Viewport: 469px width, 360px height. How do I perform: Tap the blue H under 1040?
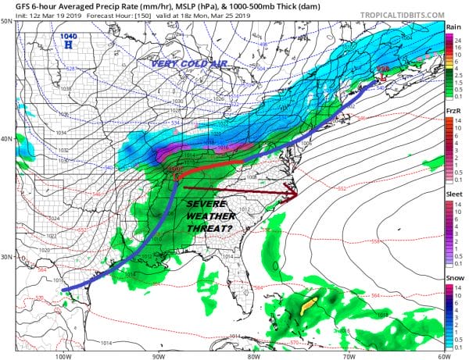(70, 46)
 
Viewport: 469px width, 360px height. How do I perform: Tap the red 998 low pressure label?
(383, 70)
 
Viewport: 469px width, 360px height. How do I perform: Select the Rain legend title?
(453, 26)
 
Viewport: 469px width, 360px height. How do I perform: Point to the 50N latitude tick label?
(7, 21)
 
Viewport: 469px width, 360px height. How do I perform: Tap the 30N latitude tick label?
(7, 257)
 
